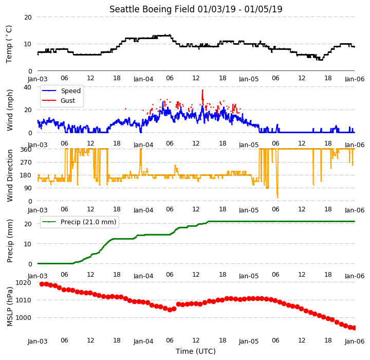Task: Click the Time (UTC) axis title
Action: click(196, 351)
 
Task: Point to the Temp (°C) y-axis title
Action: click(9, 44)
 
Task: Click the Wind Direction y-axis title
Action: click(10, 175)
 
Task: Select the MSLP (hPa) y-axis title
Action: click(10, 307)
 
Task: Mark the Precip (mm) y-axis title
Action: click(10, 241)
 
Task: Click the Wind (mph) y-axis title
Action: click(10, 110)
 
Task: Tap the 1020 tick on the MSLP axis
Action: click(23, 283)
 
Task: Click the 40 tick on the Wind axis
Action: click(27, 87)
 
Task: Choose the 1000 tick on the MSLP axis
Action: click(23, 318)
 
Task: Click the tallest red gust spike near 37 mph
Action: click(202, 90)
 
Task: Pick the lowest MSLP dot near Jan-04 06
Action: click(170, 310)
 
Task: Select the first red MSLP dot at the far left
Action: click(42, 284)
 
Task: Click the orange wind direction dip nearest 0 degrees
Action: click(277, 197)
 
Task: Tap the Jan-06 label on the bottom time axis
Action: click(355, 341)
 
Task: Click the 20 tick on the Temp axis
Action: click(28, 17)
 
